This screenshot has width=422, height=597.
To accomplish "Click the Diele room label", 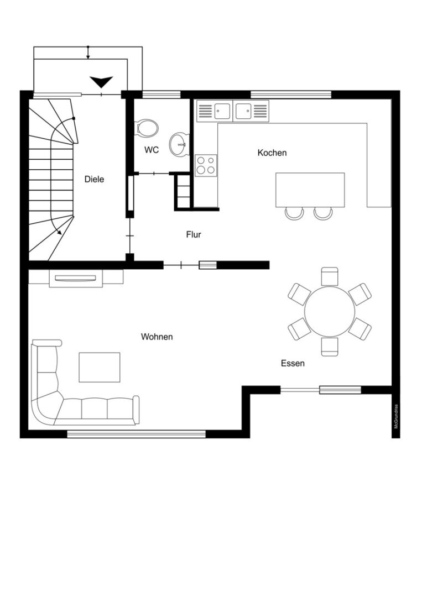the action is tap(94, 179).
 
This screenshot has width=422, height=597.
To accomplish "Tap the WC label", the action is tap(151, 150).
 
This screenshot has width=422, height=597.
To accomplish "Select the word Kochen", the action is tap(272, 153).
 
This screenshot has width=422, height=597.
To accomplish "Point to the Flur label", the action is tap(194, 234).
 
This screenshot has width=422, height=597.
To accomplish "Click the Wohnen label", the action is tap(157, 337).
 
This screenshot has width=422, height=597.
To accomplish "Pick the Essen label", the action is tap(293, 363).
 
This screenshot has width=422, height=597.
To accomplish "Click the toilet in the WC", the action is tap(147, 127).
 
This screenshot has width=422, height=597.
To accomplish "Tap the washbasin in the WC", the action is tap(179, 144).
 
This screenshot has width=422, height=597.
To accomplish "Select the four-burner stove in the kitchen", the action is tap(206, 166).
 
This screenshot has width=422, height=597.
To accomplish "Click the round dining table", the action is tap(330, 311).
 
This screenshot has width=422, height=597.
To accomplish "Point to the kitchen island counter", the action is tap(310, 190).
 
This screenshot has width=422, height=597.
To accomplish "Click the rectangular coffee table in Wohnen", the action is tap(100, 367).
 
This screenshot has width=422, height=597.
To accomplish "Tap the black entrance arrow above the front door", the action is tap(101, 82).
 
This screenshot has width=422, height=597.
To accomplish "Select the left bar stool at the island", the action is tap(294, 213).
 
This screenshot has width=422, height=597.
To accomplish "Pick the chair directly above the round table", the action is tap(330, 276).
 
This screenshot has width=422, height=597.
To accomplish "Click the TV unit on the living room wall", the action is tap(76, 278).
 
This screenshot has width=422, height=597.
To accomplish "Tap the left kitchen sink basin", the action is tap(222, 111).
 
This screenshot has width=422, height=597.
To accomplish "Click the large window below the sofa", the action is tap(137, 434).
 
